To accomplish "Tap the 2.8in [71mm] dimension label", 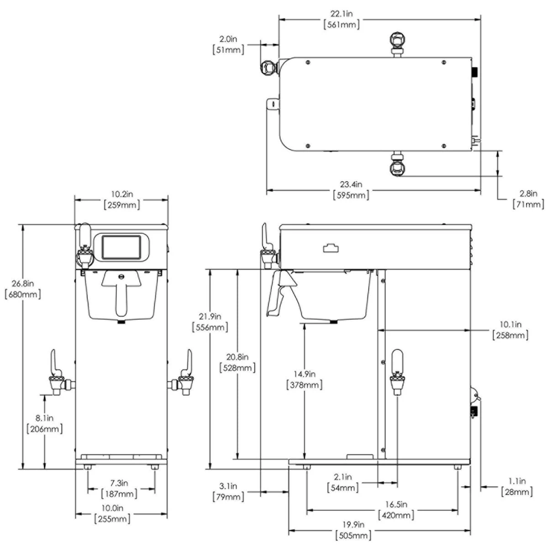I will [x=529, y=199].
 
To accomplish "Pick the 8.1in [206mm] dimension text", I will [x=45, y=423].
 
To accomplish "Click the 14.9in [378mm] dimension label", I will [x=305, y=379].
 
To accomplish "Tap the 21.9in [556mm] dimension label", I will [x=211, y=321].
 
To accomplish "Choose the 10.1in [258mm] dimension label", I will [x=510, y=330].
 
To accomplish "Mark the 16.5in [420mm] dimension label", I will [x=396, y=510].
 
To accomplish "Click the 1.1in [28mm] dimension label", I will [x=517, y=486].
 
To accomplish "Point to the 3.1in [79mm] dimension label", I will [x=228, y=491].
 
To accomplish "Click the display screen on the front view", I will [x=121, y=247].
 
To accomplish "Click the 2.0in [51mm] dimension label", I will [x=228, y=44].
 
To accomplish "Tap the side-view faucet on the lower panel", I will [x=396, y=372].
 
